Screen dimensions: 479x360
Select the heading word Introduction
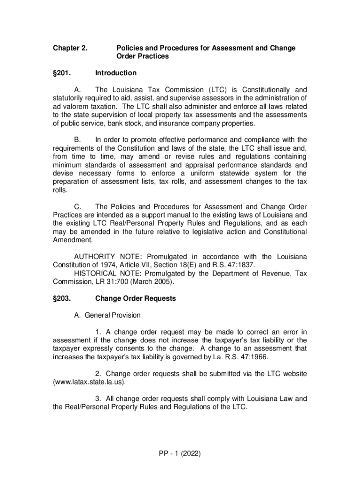[115, 73]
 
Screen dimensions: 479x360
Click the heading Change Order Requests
[135, 298]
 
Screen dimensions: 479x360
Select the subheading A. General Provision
[107, 315]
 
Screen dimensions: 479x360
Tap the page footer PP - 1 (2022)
[180, 453]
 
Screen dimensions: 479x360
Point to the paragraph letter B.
[78, 140]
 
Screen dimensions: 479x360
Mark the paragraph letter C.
[78, 207]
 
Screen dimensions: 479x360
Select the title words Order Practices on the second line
[142, 57]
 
